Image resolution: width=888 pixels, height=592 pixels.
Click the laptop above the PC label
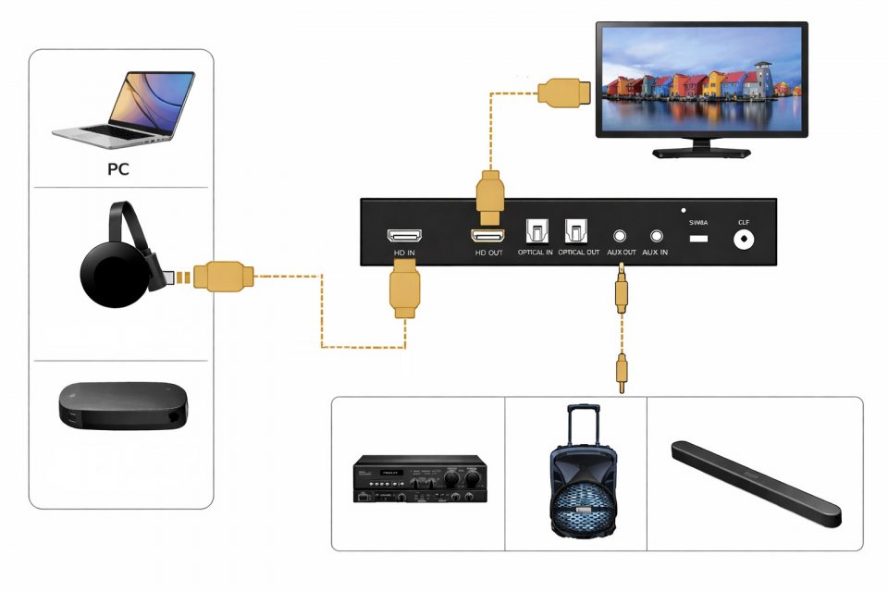(x=124, y=106)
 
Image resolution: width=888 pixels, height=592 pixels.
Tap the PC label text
(x=117, y=169)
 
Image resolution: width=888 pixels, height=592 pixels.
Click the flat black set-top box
(x=124, y=406)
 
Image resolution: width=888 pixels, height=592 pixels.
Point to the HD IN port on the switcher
(x=403, y=236)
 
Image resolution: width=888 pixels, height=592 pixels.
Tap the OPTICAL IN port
(x=536, y=231)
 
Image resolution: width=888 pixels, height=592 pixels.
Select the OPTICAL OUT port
(x=576, y=231)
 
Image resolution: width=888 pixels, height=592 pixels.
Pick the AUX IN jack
(x=657, y=237)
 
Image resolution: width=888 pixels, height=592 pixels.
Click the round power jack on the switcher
(x=742, y=240)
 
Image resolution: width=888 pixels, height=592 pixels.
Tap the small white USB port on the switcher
(x=698, y=240)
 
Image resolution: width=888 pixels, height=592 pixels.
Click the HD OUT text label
(x=488, y=253)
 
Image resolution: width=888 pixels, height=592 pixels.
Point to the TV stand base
(x=699, y=151)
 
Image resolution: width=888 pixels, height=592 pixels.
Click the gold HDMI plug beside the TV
(x=564, y=92)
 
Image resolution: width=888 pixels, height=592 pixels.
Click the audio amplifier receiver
(x=420, y=479)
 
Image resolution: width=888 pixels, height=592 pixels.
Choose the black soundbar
(x=755, y=483)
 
